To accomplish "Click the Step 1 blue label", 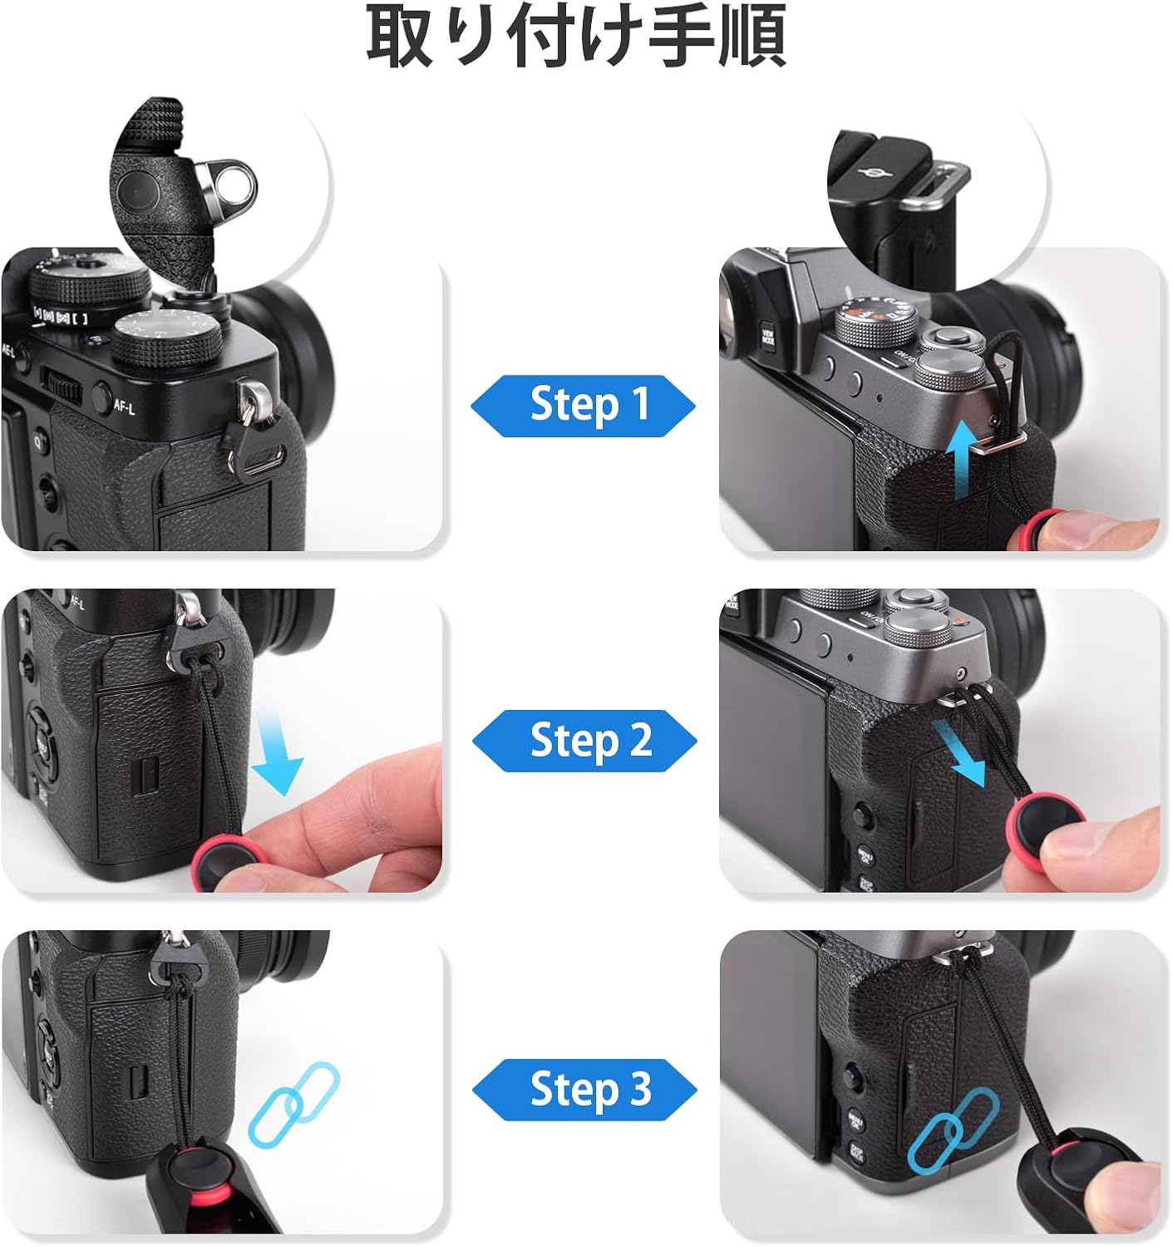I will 584,405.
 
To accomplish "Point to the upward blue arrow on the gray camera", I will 962,466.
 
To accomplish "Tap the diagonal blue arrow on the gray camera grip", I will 960,752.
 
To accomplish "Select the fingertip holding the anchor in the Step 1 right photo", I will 1106,530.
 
